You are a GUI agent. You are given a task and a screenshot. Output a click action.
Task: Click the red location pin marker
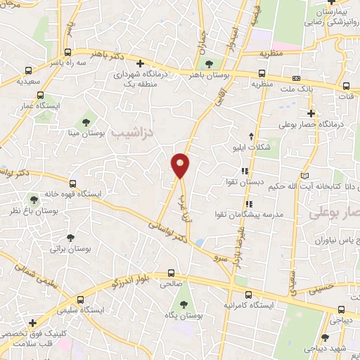point(181,165)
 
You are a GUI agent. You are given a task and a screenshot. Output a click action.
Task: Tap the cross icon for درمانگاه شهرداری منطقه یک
point(141,63)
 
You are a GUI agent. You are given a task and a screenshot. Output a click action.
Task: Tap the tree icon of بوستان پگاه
point(184,304)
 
